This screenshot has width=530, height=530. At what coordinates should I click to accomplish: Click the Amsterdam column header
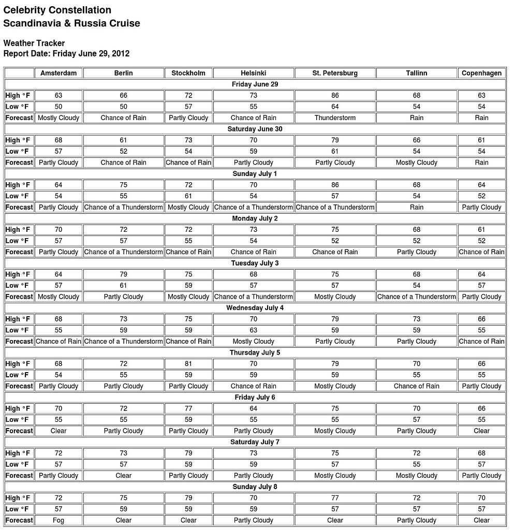click(x=58, y=73)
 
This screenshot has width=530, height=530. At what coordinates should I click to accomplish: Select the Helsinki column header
click(x=253, y=73)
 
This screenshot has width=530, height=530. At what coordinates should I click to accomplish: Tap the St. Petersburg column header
click(x=335, y=73)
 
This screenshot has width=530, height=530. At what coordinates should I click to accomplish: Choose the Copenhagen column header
click(x=481, y=73)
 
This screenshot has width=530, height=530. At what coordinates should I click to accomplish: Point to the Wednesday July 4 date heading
click(x=255, y=308)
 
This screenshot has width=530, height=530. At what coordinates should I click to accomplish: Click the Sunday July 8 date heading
click(x=255, y=487)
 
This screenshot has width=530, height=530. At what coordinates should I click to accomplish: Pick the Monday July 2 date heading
click(x=255, y=218)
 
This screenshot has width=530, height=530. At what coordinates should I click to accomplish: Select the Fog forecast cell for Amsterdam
click(x=58, y=520)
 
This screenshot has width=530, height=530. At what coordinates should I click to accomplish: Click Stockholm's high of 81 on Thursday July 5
click(x=188, y=364)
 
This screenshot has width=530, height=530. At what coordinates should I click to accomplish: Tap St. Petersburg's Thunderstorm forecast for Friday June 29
click(x=335, y=118)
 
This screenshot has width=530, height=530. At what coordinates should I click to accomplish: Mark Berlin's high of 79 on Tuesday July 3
click(x=123, y=274)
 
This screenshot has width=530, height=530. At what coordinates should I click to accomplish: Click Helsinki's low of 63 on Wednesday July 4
click(x=253, y=330)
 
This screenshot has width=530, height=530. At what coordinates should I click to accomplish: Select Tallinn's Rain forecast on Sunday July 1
click(x=417, y=207)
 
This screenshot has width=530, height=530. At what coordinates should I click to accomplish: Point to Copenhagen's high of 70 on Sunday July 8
click(x=481, y=498)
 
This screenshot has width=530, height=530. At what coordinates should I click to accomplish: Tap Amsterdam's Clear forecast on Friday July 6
click(x=58, y=431)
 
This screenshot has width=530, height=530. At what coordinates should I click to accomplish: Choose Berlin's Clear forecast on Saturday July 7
click(x=123, y=476)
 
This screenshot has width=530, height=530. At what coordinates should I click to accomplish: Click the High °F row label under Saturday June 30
click(x=18, y=140)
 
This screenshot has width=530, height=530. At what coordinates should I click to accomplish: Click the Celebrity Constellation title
click(x=57, y=10)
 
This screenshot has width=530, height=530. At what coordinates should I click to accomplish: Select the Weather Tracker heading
click(x=34, y=43)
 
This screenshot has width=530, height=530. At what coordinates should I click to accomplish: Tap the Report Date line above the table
click(x=66, y=53)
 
